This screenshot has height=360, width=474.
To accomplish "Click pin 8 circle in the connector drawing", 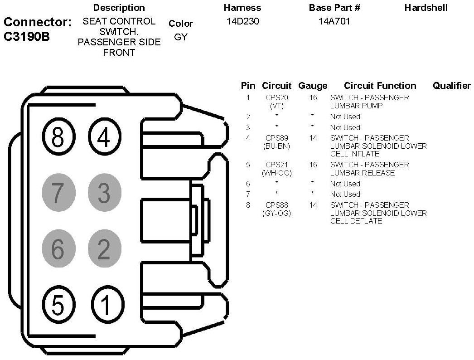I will click(x=57, y=136).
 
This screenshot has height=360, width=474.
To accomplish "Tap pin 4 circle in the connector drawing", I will click(x=104, y=136).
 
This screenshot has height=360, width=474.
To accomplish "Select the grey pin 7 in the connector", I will click(x=57, y=193).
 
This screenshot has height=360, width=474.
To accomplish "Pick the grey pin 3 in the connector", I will click(x=104, y=193).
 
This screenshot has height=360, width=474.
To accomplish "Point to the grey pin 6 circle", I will click(x=57, y=248).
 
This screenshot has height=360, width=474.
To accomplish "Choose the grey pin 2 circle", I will click(x=104, y=248).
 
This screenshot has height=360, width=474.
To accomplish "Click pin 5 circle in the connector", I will click(x=57, y=305).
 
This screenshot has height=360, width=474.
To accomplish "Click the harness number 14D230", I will click(x=242, y=21).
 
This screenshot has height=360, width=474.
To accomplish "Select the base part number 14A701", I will click(x=334, y=21).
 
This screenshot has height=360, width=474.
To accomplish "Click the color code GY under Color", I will click(x=180, y=37).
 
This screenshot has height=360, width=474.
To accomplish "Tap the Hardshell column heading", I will click(x=426, y=8).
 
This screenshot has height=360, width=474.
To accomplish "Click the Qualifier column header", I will click(x=451, y=86).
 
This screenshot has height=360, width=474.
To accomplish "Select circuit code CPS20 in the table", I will click(x=276, y=97).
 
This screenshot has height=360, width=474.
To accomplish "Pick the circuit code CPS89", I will click(x=276, y=138).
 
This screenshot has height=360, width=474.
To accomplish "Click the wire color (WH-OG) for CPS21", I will click(x=276, y=173).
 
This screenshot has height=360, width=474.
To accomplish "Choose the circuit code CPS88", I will click(x=276, y=205).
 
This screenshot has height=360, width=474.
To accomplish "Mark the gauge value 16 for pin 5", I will click(x=313, y=165).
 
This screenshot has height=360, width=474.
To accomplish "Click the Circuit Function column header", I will click(x=380, y=86).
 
